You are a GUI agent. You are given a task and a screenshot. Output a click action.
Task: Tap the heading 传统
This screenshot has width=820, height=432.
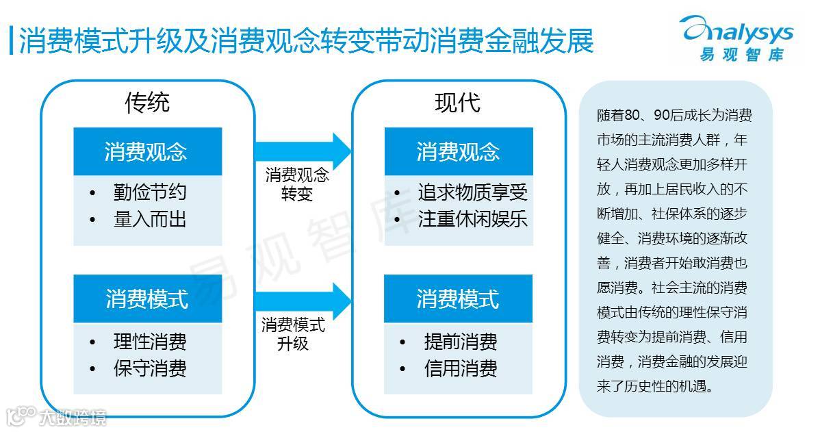[147, 102]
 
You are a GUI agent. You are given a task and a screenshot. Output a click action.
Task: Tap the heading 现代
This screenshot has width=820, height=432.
[457, 102]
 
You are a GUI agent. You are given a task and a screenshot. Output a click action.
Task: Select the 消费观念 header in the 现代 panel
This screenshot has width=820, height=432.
[458, 151]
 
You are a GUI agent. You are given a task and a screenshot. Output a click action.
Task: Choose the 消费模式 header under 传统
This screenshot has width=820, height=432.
[146, 299]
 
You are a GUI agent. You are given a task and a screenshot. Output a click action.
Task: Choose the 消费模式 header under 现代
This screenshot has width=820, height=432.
[458, 299]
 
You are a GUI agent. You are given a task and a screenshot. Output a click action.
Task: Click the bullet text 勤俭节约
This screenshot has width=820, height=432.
[150, 192]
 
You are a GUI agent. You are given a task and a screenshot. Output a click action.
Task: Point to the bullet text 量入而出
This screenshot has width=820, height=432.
[150, 219]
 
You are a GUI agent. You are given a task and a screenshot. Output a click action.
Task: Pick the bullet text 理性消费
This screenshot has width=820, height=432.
[150, 341]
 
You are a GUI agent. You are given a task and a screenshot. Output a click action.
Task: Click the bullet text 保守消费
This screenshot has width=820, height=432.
[150, 368]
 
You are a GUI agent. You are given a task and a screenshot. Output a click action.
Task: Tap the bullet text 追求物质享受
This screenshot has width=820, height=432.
[473, 192]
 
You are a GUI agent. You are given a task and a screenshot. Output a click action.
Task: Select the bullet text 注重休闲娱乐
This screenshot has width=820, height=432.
[473, 219]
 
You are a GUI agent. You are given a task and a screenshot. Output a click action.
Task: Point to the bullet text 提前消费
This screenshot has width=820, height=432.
[461, 341]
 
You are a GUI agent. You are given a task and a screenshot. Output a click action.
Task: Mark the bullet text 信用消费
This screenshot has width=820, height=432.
[461, 368]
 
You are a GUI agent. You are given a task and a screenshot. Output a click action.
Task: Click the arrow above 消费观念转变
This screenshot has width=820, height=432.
[302, 149]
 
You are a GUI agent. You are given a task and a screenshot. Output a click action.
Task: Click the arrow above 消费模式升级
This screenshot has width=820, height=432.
[302, 298]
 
